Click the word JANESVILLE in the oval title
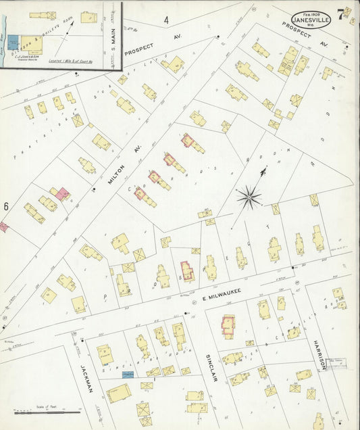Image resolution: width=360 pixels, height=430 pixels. (311, 20)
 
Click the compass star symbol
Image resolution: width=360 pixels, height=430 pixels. (249, 197)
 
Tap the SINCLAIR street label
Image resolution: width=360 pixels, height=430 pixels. (214, 366)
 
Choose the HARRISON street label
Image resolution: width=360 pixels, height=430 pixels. (320, 354)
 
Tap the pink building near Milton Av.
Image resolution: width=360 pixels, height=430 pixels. (62, 195)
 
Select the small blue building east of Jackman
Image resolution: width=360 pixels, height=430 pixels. (127, 373)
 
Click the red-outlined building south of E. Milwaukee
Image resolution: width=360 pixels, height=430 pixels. (228, 326)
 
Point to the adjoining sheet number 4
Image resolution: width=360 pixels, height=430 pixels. (165, 20)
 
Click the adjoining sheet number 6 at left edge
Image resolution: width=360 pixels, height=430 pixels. (5, 206)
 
